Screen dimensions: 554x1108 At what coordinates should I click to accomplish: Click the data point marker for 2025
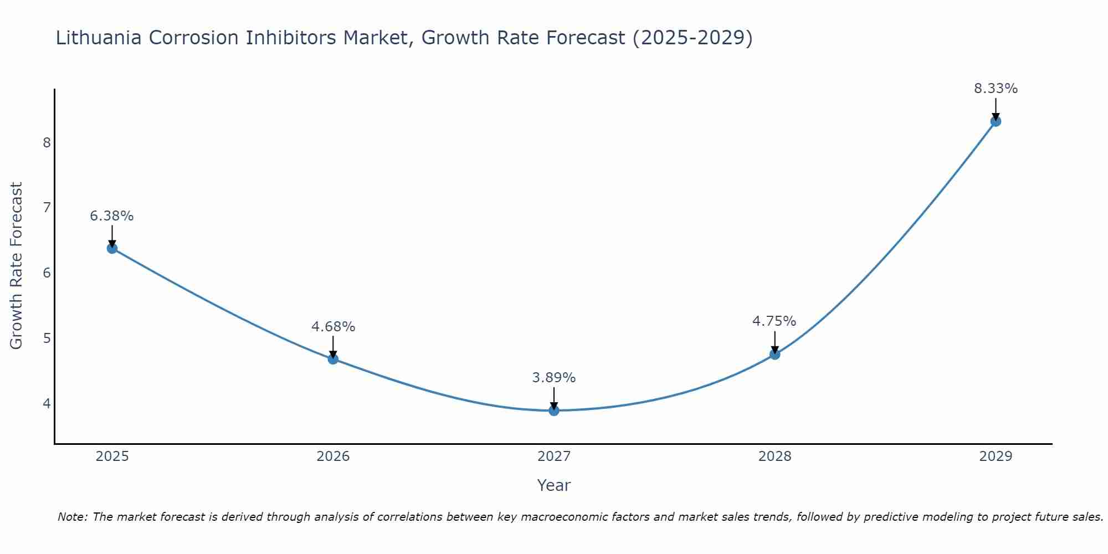(112, 248)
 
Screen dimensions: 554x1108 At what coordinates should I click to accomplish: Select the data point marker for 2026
(333, 359)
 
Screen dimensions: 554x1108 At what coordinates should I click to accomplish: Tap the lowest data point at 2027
(554, 411)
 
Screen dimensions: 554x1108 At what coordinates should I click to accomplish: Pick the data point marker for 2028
(774, 354)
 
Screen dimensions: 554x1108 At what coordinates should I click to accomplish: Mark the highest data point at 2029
(996, 121)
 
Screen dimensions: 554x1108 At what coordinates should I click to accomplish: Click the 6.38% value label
(112, 216)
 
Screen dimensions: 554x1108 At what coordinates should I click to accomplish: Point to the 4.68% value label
(333, 327)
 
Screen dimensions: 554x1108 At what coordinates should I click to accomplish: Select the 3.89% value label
(554, 378)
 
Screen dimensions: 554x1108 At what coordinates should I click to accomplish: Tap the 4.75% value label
(774, 321)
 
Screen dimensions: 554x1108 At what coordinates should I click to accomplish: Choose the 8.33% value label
(996, 89)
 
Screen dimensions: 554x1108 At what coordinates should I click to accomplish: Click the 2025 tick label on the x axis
(112, 456)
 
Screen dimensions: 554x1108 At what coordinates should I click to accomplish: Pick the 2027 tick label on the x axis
(554, 456)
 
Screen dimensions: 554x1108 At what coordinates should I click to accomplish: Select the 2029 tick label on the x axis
(996, 456)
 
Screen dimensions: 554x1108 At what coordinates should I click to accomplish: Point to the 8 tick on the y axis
(47, 143)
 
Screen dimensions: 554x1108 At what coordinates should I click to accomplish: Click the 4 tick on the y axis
(47, 403)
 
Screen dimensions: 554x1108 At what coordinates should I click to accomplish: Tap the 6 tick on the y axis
(47, 273)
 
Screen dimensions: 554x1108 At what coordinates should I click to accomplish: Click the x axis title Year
(554, 485)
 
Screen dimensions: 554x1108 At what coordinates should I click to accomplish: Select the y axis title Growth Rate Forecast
(17, 266)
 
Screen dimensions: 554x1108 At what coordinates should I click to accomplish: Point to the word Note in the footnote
(72, 517)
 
